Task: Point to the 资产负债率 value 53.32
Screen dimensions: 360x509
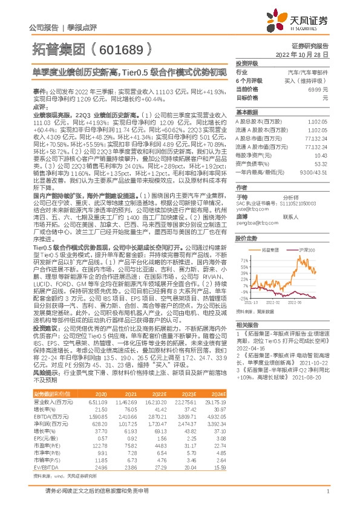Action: pyautogui.click(x=338, y=163)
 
